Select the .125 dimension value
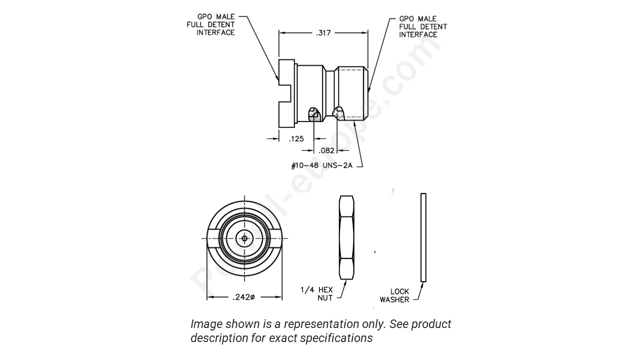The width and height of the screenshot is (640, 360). click(296, 138)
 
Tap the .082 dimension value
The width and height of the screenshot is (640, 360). click(327, 150)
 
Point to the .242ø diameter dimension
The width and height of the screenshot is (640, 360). click(243, 297)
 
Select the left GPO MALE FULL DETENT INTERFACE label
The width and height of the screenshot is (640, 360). click(215, 24)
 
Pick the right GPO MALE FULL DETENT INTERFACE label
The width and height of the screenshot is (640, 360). click(422, 26)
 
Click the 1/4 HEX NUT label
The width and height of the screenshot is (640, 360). click(317, 294)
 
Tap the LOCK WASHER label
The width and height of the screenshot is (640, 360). click(395, 295)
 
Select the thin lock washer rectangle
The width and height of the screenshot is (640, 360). click(423, 237)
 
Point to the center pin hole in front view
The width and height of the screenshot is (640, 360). click(244, 238)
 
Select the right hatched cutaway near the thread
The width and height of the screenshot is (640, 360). click(339, 114)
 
